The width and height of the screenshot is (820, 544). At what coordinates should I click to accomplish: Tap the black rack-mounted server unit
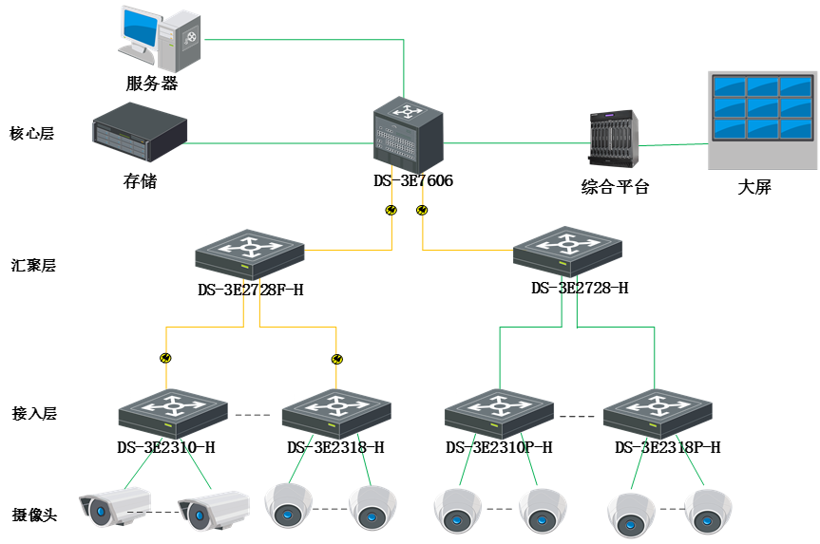[139, 131]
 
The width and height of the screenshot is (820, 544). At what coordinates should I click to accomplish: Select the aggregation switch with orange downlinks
[250, 254]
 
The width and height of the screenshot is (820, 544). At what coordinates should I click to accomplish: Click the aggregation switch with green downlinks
[567, 253]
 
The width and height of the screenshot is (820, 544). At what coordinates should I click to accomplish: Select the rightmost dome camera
[708, 511]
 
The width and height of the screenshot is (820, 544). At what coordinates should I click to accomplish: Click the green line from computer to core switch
[304, 40]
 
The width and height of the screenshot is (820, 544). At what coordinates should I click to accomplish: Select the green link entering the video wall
[675, 145]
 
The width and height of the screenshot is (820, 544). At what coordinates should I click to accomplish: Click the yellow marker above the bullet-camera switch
[166, 359]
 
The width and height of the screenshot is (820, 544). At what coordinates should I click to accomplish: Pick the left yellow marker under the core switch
[391, 209]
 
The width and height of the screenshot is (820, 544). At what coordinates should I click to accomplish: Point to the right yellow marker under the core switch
[422, 209]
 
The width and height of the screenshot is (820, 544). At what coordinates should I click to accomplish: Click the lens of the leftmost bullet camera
[98, 514]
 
